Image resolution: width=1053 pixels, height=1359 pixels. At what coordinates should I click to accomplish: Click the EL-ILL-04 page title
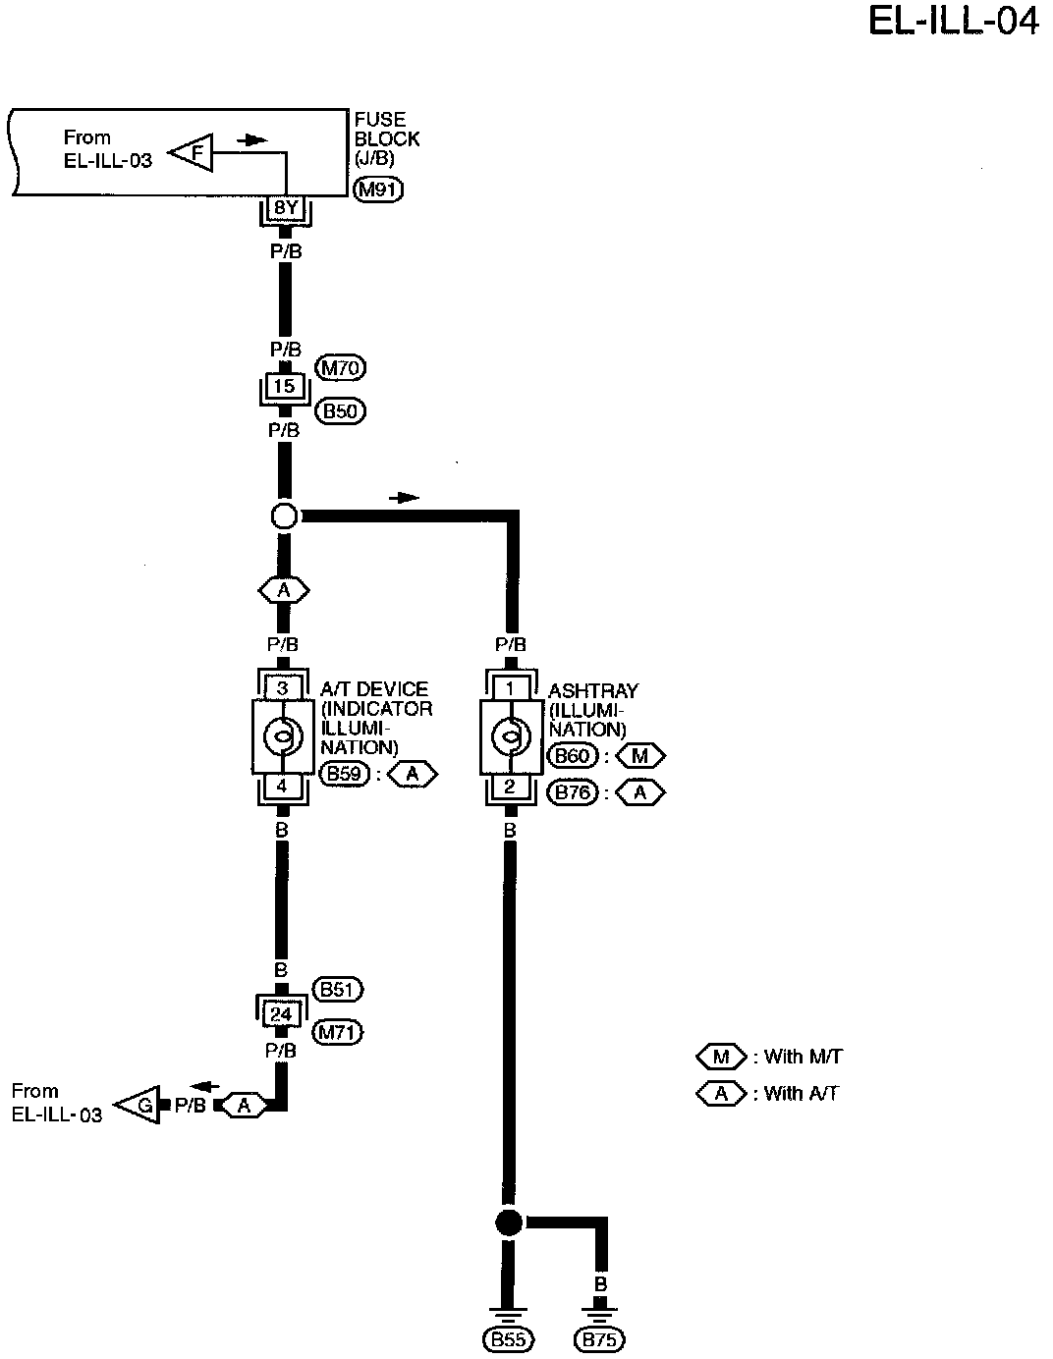(952, 22)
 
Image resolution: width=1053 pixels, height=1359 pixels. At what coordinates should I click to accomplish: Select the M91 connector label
(378, 190)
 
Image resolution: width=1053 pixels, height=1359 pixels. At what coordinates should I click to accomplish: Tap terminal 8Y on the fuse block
(285, 208)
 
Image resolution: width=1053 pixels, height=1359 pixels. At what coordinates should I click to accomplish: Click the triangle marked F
(193, 153)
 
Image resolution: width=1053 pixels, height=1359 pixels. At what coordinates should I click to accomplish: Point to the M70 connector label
(340, 368)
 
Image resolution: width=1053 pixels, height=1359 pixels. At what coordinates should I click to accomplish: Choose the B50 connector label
(340, 410)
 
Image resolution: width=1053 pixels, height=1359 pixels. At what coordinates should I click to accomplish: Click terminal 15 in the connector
(284, 387)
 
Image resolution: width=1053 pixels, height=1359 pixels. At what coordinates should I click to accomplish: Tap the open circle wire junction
(283, 516)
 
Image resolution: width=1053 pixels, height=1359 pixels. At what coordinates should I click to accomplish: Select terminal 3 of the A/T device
(282, 688)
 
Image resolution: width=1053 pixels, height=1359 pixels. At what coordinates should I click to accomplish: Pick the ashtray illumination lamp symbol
(510, 735)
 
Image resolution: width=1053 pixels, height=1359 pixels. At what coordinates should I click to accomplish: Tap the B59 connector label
(344, 774)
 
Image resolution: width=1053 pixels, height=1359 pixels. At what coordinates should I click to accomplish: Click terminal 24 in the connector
(281, 1013)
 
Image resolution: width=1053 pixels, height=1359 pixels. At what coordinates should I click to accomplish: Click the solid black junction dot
(508, 1223)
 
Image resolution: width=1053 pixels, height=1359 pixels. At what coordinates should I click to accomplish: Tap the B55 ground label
(507, 1338)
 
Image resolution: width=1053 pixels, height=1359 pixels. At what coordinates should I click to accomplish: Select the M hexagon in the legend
(722, 1058)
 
